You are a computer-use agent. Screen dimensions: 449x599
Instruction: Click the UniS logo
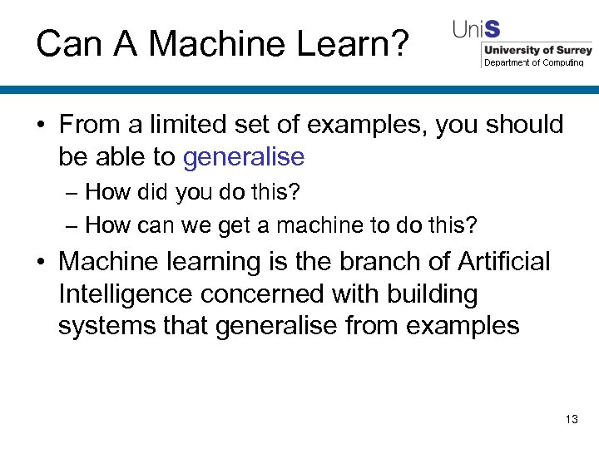click(x=477, y=30)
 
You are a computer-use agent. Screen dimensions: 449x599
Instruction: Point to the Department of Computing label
click(x=533, y=62)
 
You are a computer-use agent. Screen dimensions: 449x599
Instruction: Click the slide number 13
click(x=571, y=419)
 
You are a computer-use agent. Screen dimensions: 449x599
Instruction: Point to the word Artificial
click(x=504, y=261)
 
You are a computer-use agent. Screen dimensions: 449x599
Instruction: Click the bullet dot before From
click(x=40, y=126)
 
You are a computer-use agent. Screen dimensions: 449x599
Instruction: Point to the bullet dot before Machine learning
click(x=40, y=262)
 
